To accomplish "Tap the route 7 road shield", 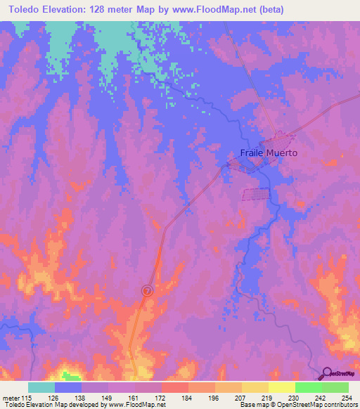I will (147, 290).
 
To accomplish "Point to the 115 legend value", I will (25, 397).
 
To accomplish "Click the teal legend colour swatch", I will (41, 387).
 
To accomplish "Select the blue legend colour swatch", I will (68, 387).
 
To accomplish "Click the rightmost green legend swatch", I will (335, 387).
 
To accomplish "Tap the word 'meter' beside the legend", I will (11, 397).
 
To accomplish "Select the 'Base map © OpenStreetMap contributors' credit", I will (297, 405).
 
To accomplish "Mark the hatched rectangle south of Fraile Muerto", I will (256, 194).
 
